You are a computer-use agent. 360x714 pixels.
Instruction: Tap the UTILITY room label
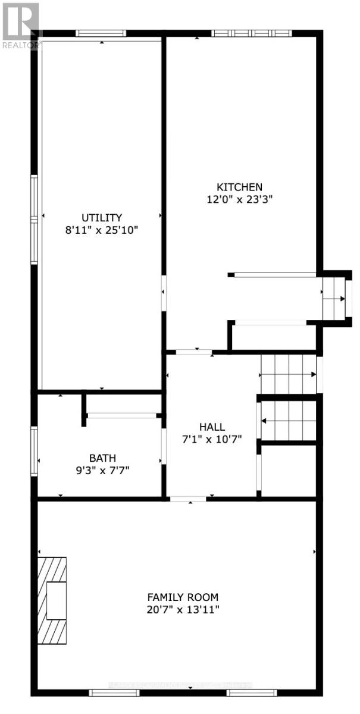[102, 217]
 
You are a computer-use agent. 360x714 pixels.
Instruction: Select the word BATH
[102, 458]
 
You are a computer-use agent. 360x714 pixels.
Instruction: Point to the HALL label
[212, 427]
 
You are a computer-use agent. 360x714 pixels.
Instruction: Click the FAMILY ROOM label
[183, 597]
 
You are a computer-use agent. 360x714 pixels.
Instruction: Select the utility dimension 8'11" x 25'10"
[102, 230]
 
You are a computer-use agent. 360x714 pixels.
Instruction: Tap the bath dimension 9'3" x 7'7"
[102, 471]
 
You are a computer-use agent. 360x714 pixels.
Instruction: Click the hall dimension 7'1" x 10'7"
[212, 440]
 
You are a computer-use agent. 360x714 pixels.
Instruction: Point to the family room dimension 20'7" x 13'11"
[183, 610]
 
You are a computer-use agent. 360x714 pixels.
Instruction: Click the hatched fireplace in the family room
[52, 601]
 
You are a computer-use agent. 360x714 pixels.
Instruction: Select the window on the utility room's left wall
[35, 220]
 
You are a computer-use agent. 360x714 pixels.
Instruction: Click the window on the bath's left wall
[35, 451]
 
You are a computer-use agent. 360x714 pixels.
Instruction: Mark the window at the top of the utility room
[101, 33]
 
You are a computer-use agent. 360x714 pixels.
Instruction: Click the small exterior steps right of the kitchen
[335, 297]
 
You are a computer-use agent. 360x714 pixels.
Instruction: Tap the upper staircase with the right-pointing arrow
[289, 374]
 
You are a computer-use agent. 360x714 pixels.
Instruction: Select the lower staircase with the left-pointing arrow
[289, 420]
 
